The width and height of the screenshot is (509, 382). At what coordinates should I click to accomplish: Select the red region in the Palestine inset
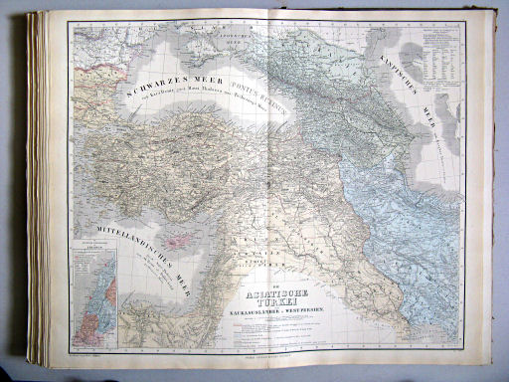click(110, 298)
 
